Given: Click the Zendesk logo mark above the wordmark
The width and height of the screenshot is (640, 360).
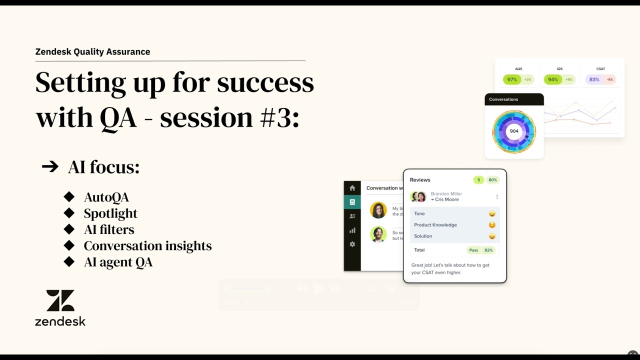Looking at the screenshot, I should [60, 300].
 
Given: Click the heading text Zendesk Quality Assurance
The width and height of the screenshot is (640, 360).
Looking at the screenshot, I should [92, 51].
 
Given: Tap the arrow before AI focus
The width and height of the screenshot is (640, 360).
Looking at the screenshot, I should [50, 166].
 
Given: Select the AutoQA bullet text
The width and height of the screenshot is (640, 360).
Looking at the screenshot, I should [106, 197].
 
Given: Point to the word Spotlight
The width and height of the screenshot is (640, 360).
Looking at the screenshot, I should [110, 213].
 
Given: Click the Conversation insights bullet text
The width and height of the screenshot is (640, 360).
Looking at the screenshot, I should [147, 246].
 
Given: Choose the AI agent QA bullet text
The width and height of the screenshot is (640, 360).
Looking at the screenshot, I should [118, 262].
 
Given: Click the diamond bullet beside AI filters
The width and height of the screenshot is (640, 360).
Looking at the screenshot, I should [69, 229].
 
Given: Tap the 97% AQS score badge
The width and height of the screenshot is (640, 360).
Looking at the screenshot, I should [512, 79].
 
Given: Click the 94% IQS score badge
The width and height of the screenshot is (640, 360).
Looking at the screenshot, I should [553, 79].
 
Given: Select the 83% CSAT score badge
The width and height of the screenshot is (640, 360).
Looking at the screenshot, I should [594, 79].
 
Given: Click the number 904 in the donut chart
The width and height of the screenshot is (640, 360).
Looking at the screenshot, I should [514, 131].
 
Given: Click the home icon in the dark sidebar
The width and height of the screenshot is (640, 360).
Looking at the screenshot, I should [352, 188].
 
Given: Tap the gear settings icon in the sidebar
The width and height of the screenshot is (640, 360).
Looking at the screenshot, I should [352, 244].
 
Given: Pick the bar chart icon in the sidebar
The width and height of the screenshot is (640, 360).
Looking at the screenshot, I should [352, 230].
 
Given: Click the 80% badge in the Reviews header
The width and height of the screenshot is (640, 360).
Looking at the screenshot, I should [492, 180].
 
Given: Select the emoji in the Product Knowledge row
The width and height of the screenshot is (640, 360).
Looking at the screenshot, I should [492, 225].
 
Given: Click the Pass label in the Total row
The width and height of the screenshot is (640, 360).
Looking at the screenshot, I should [473, 250].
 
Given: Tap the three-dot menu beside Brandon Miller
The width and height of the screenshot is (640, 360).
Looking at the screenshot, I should [496, 196].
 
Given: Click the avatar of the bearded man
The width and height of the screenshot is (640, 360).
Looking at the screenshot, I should [378, 234].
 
